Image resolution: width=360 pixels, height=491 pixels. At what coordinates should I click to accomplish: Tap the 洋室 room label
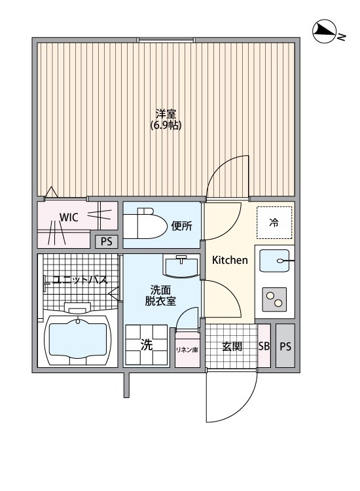(x=166, y=113)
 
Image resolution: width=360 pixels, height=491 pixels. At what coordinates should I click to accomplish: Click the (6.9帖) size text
(x=166, y=125)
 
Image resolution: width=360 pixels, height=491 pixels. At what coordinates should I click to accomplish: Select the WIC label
(x=69, y=217)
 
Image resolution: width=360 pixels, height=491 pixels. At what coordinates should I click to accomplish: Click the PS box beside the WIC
(x=107, y=242)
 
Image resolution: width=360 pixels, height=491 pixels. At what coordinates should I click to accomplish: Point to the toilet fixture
(x=145, y=224)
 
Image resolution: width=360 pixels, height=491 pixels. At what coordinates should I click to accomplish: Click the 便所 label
(x=181, y=226)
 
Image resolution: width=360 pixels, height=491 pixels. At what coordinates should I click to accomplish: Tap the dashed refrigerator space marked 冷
(x=274, y=223)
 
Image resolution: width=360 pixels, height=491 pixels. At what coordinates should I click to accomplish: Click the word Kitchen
(x=230, y=260)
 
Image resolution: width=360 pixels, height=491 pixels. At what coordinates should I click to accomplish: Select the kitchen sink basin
(x=274, y=261)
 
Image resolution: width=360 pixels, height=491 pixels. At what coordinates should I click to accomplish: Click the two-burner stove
(x=274, y=299)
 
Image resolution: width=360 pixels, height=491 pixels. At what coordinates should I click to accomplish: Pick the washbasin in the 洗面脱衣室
(x=181, y=266)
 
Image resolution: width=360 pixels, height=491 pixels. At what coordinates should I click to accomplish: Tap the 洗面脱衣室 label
(x=160, y=295)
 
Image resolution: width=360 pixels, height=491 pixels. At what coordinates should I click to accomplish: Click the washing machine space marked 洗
(x=147, y=345)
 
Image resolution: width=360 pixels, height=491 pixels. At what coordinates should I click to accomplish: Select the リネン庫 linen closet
(x=187, y=350)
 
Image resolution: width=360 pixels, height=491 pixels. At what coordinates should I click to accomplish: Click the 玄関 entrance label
(x=232, y=346)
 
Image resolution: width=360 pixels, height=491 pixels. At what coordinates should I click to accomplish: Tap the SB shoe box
(x=264, y=346)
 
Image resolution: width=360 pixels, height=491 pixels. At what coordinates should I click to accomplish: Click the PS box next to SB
(x=285, y=346)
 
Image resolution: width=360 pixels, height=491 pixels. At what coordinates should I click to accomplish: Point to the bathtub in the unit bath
(x=78, y=340)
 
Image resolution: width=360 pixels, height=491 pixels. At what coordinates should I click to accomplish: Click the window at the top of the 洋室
(x=166, y=40)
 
